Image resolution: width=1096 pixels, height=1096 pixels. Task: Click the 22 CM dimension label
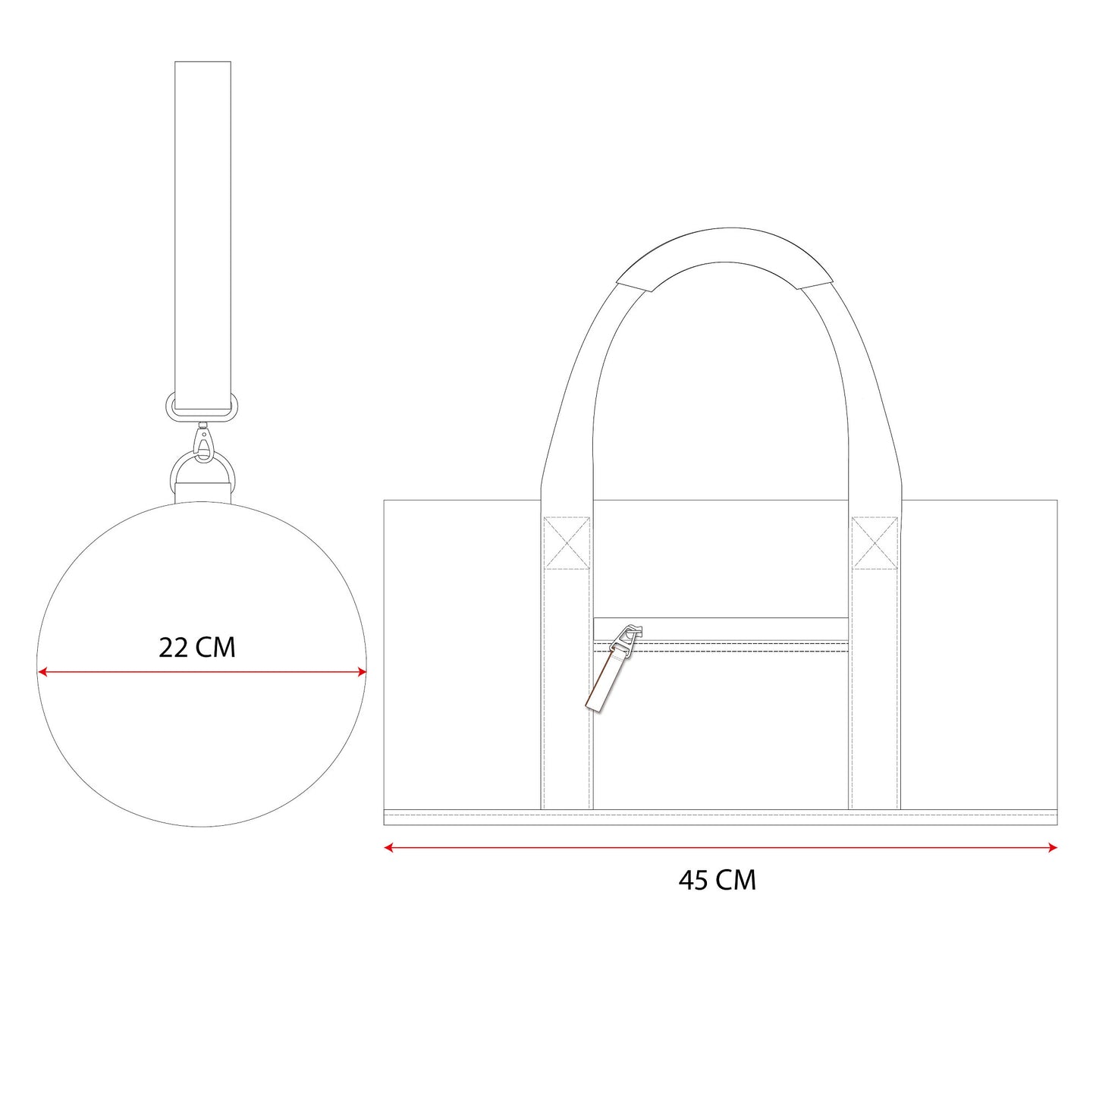click(x=196, y=648)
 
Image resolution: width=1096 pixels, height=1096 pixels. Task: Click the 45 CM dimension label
click(x=718, y=880)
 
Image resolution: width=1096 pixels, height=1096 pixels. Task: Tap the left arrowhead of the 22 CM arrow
click(x=42, y=672)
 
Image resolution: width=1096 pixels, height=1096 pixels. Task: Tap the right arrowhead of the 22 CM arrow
click(x=362, y=672)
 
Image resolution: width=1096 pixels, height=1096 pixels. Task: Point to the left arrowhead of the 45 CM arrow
click(x=389, y=847)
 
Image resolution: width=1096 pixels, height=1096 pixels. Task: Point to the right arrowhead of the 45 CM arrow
click(x=1052, y=847)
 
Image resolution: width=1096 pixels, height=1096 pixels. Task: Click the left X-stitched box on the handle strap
click(x=567, y=542)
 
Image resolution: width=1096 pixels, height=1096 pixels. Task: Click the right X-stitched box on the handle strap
click(x=875, y=542)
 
